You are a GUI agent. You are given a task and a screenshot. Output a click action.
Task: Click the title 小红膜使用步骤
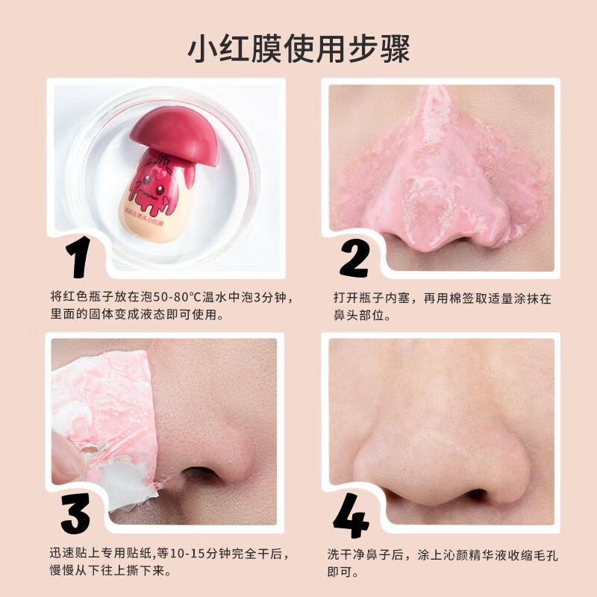[298, 49]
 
